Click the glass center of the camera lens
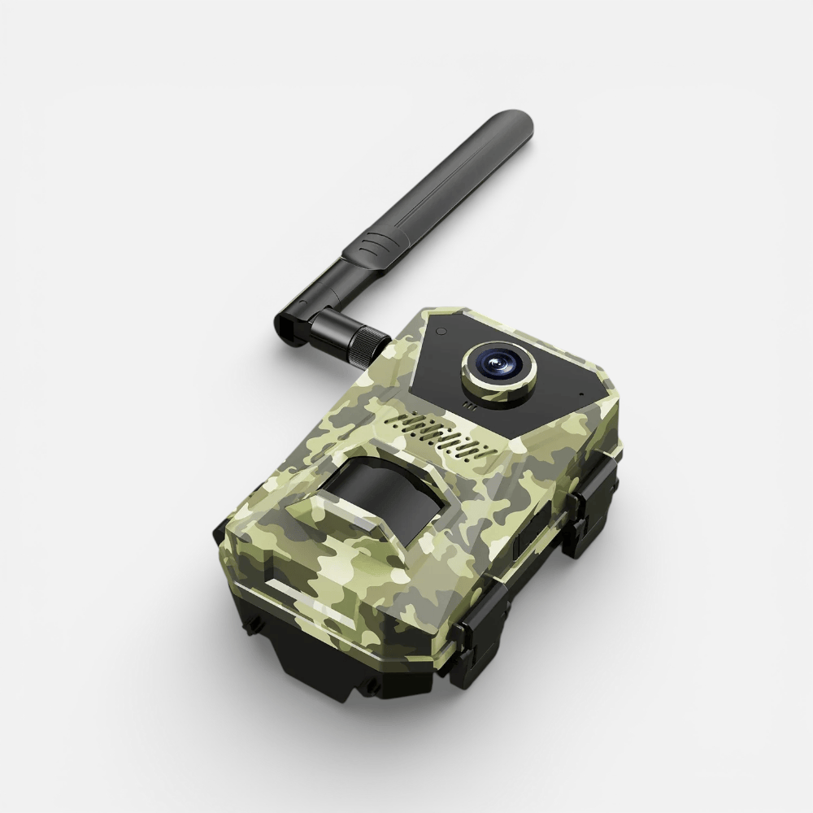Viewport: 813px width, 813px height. pos(496,363)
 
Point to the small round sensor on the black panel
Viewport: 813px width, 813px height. pos(440,332)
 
